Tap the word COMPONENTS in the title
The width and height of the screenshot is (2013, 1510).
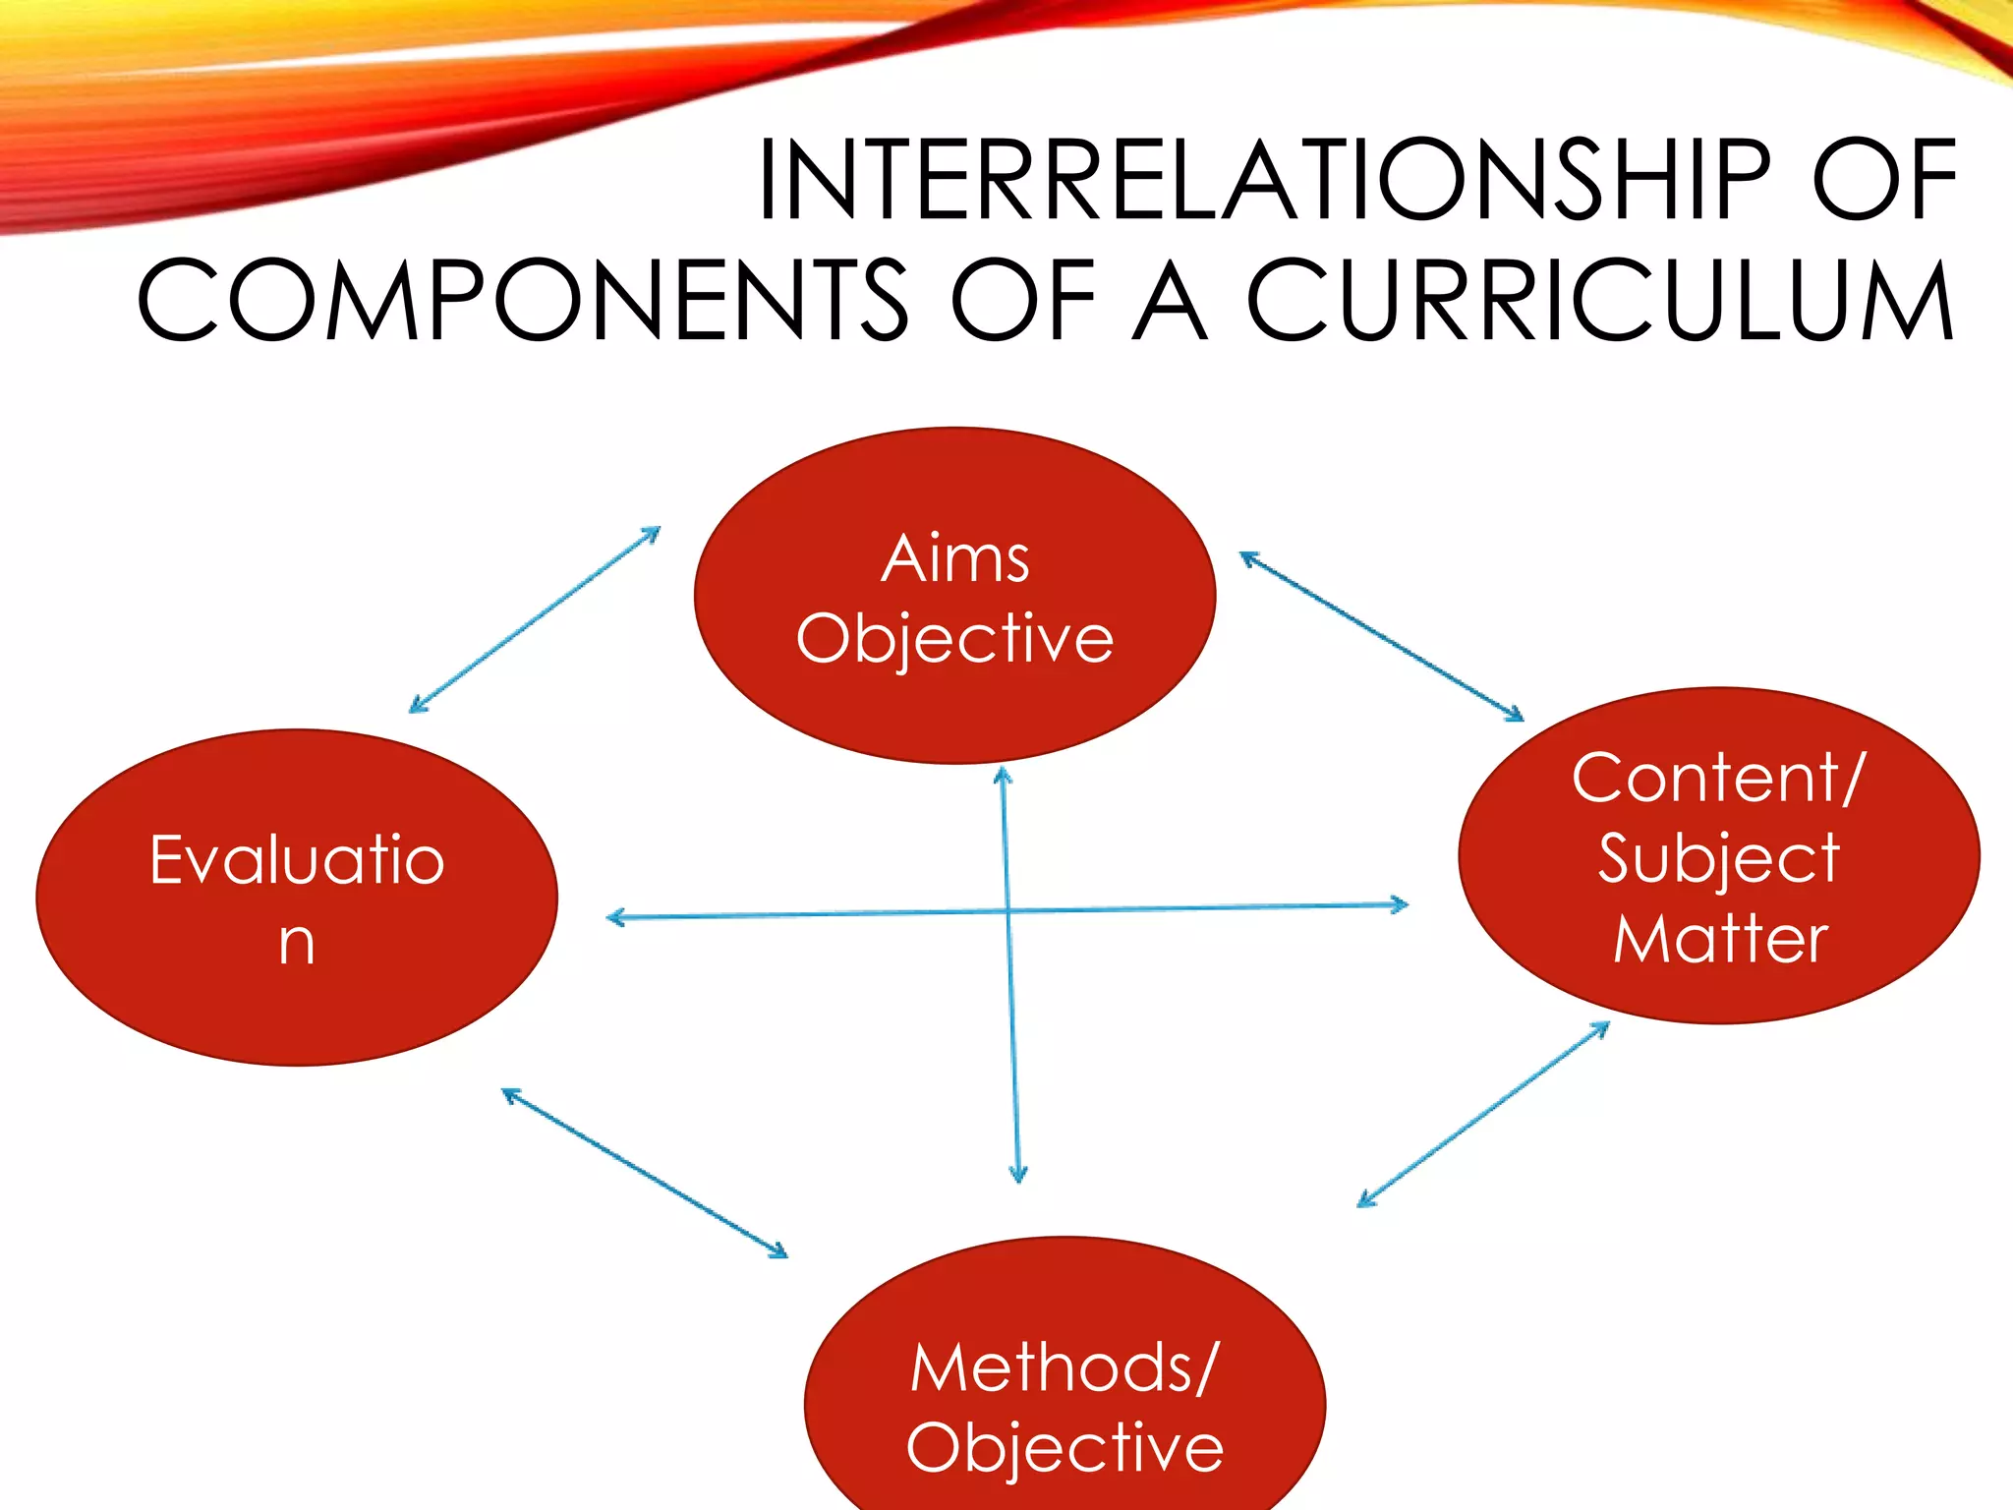point(522,301)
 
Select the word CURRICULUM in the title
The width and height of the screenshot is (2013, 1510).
point(1601,301)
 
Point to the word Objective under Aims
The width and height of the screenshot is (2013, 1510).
point(954,639)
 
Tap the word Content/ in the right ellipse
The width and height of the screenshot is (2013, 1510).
point(1717,778)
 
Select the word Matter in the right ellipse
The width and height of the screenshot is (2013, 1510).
point(1720,939)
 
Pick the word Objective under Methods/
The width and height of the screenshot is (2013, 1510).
point(1064,1447)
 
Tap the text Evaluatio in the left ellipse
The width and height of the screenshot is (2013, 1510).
point(297,860)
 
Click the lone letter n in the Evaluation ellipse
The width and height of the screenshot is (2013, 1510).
point(296,943)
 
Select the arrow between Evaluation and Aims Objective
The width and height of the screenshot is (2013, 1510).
point(535,619)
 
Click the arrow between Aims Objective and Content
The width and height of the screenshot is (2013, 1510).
point(1381,636)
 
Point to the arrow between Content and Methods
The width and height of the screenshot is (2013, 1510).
point(1483,1114)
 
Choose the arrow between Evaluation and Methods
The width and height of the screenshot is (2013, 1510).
point(645,1173)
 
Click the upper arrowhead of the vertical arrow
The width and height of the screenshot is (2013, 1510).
point(1003,776)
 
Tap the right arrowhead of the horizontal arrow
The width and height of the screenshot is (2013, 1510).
point(1400,904)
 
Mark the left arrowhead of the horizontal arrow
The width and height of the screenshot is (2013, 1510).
point(615,918)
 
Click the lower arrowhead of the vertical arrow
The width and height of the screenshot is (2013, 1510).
point(1018,1174)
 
